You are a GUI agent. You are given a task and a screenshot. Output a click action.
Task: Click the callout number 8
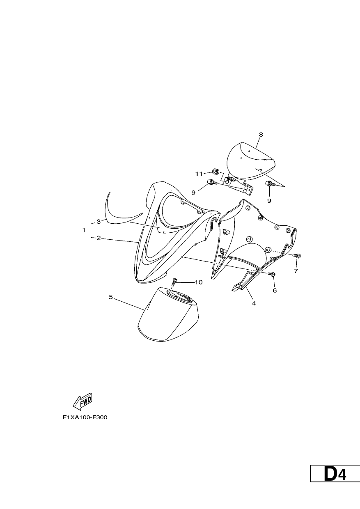click(261, 135)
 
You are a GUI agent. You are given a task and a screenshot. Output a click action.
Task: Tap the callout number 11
click(199, 174)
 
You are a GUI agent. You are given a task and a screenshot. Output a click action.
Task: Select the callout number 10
click(198, 282)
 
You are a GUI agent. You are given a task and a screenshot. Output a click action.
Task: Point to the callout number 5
click(111, 297)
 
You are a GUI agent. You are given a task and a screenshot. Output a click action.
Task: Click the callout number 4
click(254, 303)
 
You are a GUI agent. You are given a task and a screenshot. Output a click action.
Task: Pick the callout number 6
click(275, 290)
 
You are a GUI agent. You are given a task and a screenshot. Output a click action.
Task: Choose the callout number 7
click(296, 271)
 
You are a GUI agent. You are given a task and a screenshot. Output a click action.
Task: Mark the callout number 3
click(99, 222)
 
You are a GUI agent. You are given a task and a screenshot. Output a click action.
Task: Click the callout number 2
click(99, 238)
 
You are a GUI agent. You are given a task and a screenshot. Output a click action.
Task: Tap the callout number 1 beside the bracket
click(84, 230)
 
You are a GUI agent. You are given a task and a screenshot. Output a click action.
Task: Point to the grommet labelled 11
click(215, 171)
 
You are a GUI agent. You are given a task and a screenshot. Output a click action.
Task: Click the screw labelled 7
click(297, 256)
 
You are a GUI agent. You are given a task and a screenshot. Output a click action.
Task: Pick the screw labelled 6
click(272, 274)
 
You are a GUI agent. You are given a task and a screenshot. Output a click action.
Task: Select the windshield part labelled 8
click(250, 160)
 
